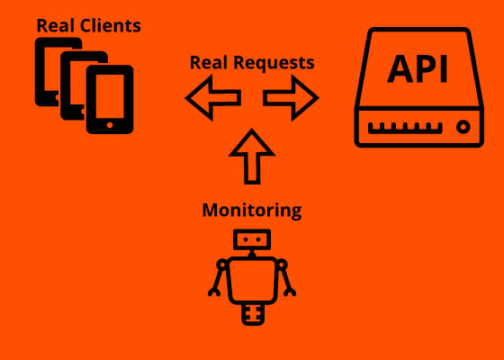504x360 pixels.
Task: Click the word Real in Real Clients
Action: point(56,25)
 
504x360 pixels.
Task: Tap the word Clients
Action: point(111,25)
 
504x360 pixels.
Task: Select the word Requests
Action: point(274,63)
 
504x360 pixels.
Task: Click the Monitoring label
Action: point(252,211)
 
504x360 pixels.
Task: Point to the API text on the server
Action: point(418,69)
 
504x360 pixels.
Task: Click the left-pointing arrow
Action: point(213,98)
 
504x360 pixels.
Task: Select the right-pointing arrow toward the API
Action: point(291,98)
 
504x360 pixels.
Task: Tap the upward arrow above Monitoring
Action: point(252,157)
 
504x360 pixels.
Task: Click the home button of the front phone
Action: point(110,125)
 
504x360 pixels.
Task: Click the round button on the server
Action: point(463,127)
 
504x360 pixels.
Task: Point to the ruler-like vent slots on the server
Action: point(405,128)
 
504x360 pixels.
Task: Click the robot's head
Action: point(252,239)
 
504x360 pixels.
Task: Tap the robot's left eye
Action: point(246,239)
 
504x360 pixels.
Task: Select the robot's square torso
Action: point(252,281)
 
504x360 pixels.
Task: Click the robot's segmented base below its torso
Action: point(253,315)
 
